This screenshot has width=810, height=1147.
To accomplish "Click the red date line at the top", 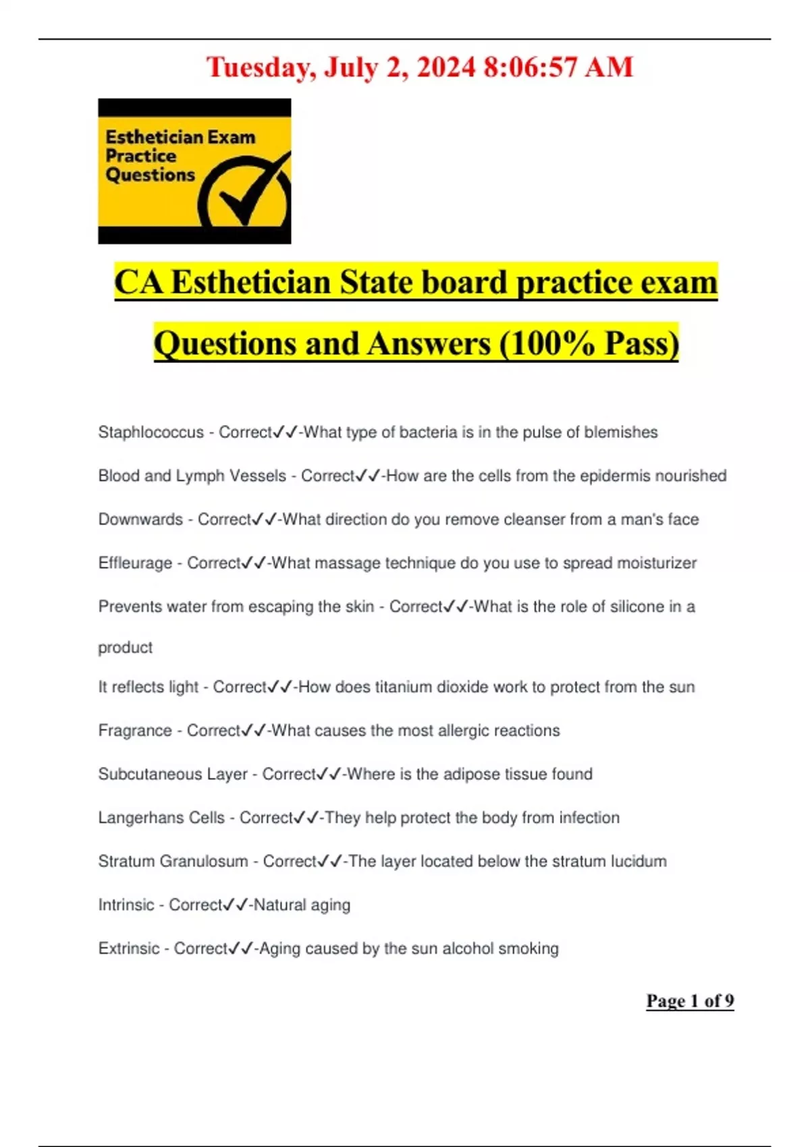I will pyautogui.click(x=419, y=67).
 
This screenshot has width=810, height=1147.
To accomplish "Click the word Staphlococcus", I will pyautogui.click(x=151, y=432).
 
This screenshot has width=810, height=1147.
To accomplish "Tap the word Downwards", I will pyautogui.click(x=140, y=520).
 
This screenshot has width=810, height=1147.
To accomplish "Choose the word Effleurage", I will pyautogui.click(x=135, y=563).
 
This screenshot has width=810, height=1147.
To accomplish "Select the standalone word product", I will pyautogui.click(x=125, y=648).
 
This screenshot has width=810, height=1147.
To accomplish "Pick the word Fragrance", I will pyautogui.click(x=135, y=731).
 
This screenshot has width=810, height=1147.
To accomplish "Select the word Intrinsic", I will pyautogui.click(x=126, y=905).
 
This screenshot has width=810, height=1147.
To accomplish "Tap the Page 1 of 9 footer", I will pyautogui.click(x=690, y=1001).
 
